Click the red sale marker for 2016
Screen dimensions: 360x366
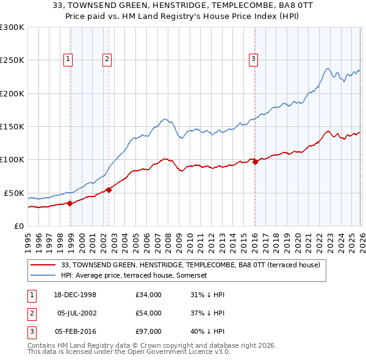point(254,162)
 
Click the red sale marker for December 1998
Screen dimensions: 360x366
point(70,204)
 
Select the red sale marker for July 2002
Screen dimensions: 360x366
point(109,190)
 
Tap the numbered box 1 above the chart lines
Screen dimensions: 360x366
point(67,59)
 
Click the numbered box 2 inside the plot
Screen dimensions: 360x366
point(107,59)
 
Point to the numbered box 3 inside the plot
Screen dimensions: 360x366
point(253,59)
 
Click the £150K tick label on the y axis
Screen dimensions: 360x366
point(12,127)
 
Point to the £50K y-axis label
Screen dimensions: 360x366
point(14,193)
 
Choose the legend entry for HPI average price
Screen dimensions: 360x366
point(134,276)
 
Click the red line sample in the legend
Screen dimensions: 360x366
point(43,265)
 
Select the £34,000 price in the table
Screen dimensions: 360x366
point(149,295)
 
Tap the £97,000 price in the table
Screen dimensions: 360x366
point(149,331)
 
